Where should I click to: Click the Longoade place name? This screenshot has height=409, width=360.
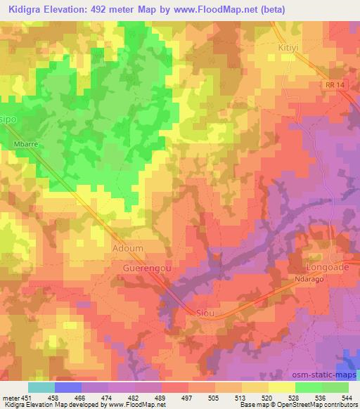pos(326,268)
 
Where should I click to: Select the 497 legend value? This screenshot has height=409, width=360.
pos(188,397)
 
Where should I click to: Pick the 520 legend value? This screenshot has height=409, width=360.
pos(269,397)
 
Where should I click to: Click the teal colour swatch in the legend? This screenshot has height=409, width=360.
pos(41,387)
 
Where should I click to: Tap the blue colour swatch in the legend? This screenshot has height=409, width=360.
pos(67,387)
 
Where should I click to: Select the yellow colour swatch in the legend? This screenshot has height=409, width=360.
pos(281,387)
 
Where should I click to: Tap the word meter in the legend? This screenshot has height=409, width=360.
pos(11,397)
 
